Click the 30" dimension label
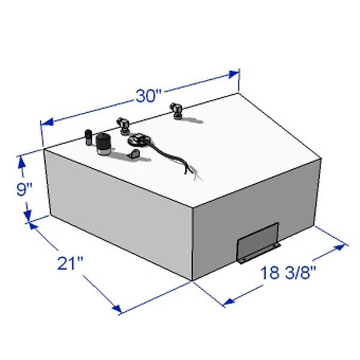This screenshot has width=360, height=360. click(149, 96)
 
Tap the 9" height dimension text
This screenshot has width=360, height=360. click(24, 190)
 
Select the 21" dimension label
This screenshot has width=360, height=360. click(70, 263)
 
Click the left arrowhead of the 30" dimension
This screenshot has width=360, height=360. click(48, 122)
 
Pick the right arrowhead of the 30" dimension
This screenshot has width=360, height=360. click(233, 74)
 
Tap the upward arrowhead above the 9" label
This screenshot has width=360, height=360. click(22, 162)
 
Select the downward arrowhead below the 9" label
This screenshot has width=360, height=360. click(28, 216)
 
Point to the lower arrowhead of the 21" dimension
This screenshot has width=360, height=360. click(117, 308)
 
